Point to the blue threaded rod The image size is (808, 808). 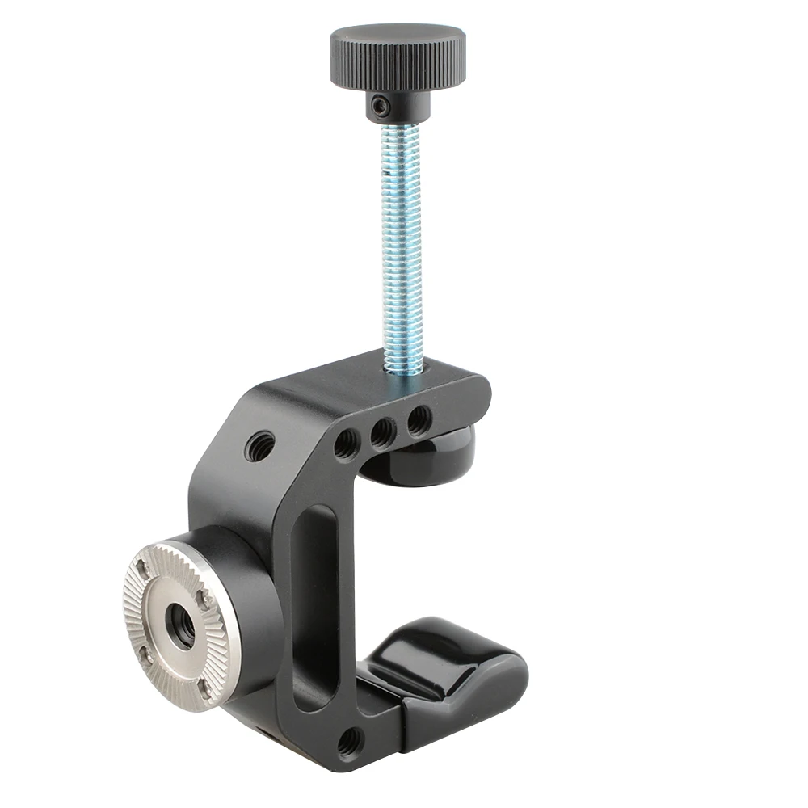click(x=399, y=242)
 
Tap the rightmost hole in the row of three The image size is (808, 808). click(x=419, y=421)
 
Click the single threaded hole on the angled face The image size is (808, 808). click(x=260, y=445)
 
